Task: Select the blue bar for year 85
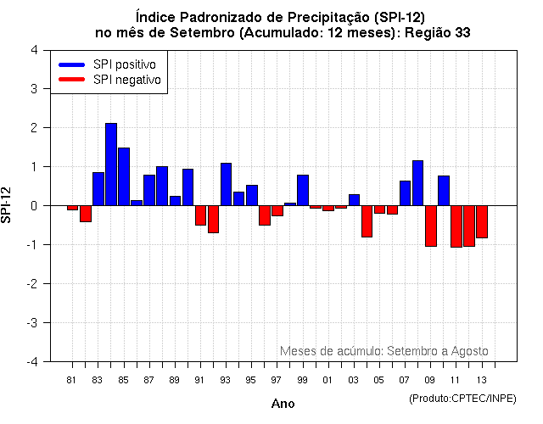click(x=124, y=176)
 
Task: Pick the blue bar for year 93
click(x=226, y=184)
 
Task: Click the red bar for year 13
click(x=482, y=221)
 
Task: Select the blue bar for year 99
click(x=303, y=190)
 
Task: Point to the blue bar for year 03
click(x=354, y=200)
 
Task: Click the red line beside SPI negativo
click(x=71, y=80)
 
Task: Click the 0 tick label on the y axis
click(x=33, y=206)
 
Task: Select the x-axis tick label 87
click(x=149, y=380)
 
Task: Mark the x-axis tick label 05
click(x=379, y=380)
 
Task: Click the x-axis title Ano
click(x=283, y=404)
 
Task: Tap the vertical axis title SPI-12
click(x=8, y=205)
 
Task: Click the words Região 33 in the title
click(x=438, y=32)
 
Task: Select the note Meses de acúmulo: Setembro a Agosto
click(x=383, y=351)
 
